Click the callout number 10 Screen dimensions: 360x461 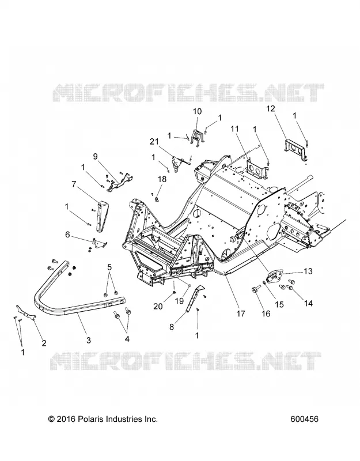pos(198,111)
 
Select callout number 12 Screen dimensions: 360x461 pos(271,108)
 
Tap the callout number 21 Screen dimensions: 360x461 pos(154,142)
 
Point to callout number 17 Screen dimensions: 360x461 pos(241,313)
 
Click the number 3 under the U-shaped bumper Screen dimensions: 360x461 pos(89,340)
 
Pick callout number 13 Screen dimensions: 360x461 pos(308,271)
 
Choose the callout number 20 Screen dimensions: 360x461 pos(158,306)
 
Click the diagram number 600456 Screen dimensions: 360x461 pos(304,419)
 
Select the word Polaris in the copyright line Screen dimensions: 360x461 pos(90,419)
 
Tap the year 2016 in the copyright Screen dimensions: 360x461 pos(66,419)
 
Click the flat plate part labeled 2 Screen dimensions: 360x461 pos(26,312)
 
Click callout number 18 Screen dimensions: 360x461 pos(162,179)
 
